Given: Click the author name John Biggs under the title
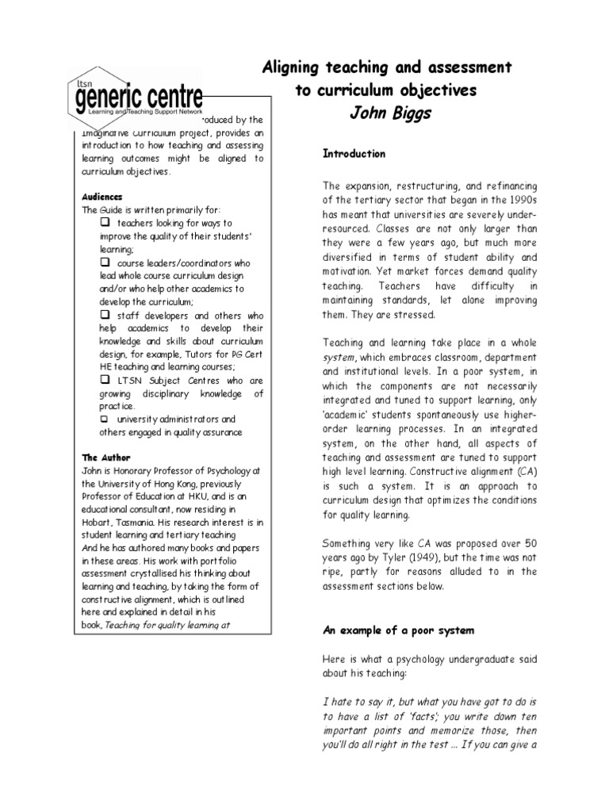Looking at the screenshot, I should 390,114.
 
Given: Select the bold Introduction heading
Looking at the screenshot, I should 354,154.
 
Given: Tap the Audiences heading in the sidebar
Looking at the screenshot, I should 102,196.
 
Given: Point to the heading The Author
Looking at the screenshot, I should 106,458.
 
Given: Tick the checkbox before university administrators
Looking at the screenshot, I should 104,419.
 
